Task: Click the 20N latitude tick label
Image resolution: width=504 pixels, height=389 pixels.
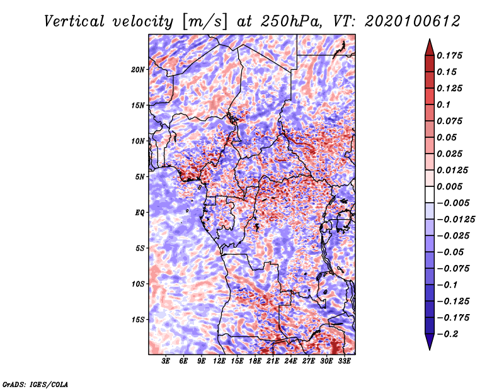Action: coord(138,69)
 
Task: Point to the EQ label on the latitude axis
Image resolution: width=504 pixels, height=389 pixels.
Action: coord(140,213)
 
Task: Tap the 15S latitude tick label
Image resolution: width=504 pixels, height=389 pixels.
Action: coord(138,320)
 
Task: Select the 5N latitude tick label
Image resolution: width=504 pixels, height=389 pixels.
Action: coord(140,177)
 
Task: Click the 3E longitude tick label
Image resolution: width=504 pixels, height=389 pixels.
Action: coord(166,362)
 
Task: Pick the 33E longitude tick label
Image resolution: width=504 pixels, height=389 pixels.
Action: coord(345,362)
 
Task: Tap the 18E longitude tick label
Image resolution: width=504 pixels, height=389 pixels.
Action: coord(255,362)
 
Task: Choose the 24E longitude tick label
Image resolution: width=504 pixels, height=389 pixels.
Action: coord(291,362)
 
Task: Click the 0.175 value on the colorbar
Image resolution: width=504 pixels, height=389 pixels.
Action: coord(451,55)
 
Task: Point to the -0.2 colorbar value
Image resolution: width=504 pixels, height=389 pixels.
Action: coord(449,334)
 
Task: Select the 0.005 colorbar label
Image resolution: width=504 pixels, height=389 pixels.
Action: coord(451,186)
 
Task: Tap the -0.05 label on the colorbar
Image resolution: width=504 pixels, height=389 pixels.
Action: coord(452,252)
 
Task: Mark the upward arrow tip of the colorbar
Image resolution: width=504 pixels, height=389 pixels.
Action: coord(429,40)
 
